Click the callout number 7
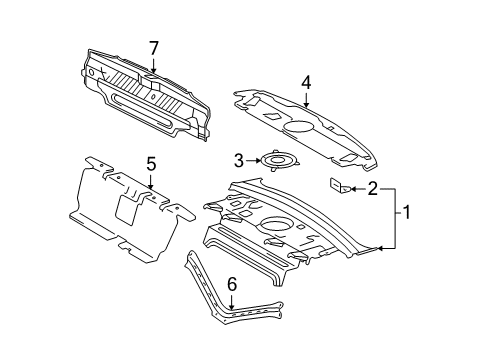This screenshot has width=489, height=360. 153,48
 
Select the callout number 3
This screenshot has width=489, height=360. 238,159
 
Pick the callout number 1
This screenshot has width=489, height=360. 407,212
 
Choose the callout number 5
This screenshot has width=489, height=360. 151,162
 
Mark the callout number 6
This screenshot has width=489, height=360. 231,284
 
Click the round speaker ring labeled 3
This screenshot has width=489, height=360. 274,159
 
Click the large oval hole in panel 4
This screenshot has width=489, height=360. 301,128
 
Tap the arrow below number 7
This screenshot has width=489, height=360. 153,66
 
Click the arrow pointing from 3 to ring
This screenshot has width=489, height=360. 252,159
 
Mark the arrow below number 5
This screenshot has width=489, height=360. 151,180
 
